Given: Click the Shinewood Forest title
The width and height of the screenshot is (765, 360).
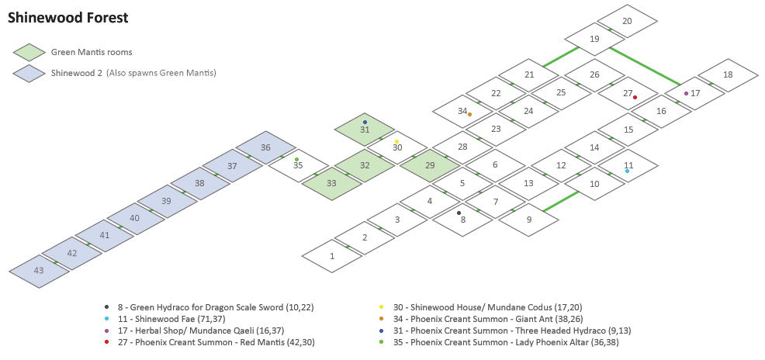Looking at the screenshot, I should [x=68, y=17].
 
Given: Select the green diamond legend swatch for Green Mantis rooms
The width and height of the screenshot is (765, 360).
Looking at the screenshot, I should [x=29, y=52].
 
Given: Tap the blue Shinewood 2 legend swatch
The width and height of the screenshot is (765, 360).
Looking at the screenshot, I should [x=29, y=73].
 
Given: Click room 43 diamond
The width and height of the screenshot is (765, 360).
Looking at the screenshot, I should [x=39, y=271].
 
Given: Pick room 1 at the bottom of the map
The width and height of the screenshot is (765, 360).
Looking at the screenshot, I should [x=332, y=256].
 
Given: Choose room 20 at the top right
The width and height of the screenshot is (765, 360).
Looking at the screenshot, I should [x=627, y=21].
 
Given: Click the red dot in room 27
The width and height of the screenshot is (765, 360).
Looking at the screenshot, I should [x=635, y=97].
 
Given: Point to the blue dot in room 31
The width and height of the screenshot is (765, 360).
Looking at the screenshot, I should [x=365, y=122].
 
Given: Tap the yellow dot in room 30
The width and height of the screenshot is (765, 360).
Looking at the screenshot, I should [x=396, y=141].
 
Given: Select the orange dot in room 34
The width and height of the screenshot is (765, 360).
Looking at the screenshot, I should [x=469, y=114].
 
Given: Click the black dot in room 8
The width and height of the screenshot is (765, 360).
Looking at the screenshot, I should [x=459, y=213].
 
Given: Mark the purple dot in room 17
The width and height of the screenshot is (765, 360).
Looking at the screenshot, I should [x=686, y=93].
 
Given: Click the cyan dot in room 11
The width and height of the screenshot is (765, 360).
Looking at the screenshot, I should [x=627, y=171].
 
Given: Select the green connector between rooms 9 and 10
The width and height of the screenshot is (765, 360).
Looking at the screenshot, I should [x=561, y=201].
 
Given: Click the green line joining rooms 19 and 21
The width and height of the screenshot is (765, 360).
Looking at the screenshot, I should [x=561, y=56].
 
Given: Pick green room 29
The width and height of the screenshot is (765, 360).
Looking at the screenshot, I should [x=429, y=165].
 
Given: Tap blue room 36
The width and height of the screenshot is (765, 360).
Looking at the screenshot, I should [x=266, y=147].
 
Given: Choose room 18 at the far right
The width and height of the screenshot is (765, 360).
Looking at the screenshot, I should [x=727, y=75].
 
